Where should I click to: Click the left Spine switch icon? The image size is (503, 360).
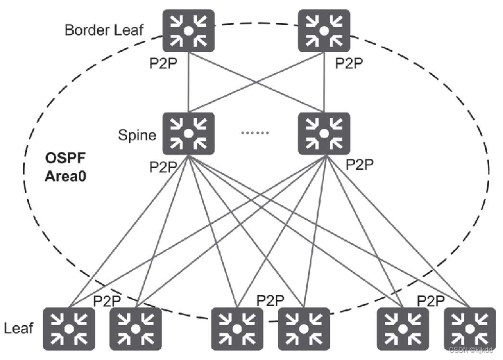coord(188,134)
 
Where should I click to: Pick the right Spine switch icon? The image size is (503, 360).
coord(323,134)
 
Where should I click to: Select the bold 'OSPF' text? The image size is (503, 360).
coord(63,159)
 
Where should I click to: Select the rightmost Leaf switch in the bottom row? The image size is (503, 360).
coord(469,328)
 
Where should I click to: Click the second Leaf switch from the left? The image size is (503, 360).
coord(135,328)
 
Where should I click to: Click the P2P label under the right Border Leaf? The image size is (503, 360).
coord(349,64)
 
